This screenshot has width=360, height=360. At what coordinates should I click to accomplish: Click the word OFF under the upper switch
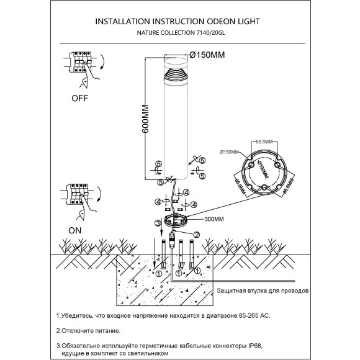[x=79, y=97]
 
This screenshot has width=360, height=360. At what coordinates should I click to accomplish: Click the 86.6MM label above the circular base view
[x=264, y=142]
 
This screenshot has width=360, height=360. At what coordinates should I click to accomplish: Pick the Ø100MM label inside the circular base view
[x=262, y=166]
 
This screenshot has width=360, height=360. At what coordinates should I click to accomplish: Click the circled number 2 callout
[x=197, y=234]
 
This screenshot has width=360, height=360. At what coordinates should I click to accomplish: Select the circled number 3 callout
[x=158, y=223]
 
